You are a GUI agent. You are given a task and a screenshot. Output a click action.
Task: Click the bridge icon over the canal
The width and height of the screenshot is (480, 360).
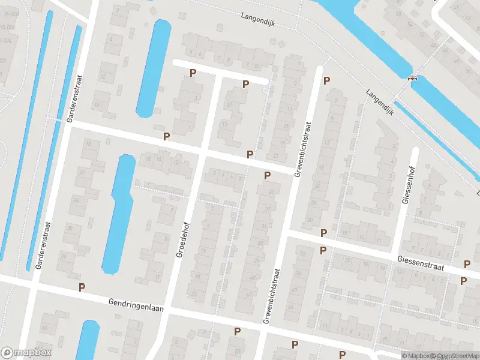point(412,77)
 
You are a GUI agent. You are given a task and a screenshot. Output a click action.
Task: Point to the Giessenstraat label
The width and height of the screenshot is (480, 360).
point(420,263)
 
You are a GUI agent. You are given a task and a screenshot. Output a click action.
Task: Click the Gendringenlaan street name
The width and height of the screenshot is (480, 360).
point(137,304)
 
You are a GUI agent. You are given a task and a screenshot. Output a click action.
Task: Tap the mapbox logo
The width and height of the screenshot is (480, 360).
point(26,353)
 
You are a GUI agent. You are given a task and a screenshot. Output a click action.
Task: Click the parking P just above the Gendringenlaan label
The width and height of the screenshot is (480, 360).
point(82,288)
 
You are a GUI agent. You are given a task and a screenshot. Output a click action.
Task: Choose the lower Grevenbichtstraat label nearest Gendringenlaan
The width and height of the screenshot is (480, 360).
point(271,296)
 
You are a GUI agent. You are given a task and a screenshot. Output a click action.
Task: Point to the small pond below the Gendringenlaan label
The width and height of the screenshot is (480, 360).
point(90,339)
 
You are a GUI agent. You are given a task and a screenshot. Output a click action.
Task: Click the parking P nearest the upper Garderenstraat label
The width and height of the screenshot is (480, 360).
point(166,137)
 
